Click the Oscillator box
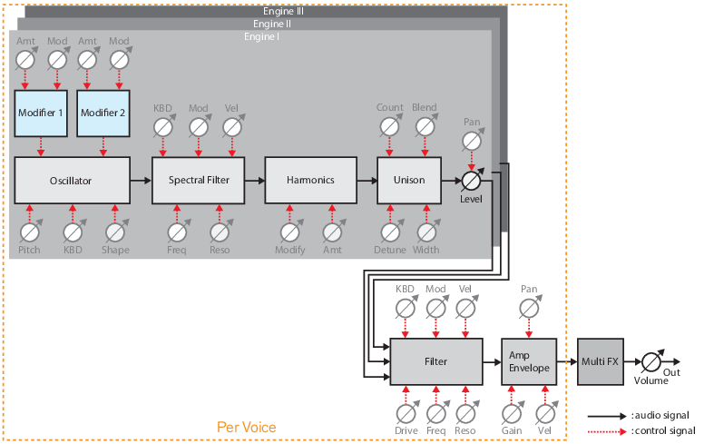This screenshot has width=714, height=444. coord(72,180)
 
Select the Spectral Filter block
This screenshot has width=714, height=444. coord(199,180)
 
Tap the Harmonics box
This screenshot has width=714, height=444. coord(309,180)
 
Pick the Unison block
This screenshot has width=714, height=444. coord(409,180)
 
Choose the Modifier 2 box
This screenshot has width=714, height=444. coord(103,112)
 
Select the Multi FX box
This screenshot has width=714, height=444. coord(600,360)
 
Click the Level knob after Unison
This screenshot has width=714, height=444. coord(472,180)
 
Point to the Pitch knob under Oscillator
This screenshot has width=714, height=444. coord(29,232)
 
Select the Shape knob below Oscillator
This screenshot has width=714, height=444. coord(115,232)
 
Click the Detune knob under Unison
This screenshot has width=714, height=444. coord(391,232)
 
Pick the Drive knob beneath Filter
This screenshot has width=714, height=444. coord(406,412)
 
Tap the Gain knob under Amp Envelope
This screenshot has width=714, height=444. coord(512,412)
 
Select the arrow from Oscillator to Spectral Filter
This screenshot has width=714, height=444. coord(141,180)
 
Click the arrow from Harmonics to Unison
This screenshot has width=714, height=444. coord(366,180)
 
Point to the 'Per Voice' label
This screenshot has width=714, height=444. coord(246,427)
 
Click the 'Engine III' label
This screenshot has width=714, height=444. coord(285,10)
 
